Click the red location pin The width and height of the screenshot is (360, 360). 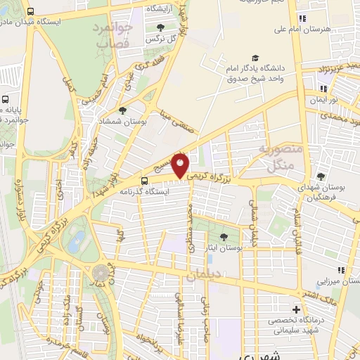pyautogui.click(x=181, y=165)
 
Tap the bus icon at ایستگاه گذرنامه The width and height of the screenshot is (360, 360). pyautogui.click(x=144, y=180)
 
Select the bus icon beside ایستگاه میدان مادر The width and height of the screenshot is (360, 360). pyautogui.click(x=30, y=12)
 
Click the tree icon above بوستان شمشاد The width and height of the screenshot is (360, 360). pyautogui.click(x=123, y=110)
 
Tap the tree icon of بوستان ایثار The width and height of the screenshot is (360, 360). pyautogui.click(x=224, y=237)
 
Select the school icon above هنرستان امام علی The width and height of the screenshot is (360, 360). pyautogui.click(x=302, y=18)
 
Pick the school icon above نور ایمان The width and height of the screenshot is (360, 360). pyautogui.click(x=323, y=89)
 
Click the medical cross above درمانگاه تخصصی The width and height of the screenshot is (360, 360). pyautogui.click(x=296, y=310)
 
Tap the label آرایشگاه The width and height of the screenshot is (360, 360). pyautogui.click(x=162, y=8)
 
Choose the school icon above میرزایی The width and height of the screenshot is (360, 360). pyautogui.click(x=341, y=270)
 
